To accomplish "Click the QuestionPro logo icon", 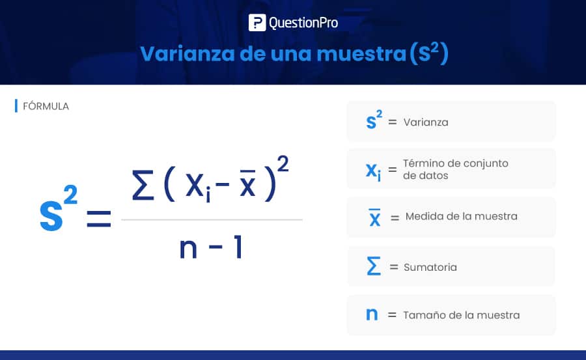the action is click(x=257, y=22).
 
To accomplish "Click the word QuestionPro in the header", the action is click(x=303, y=23).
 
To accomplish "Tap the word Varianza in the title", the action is click(x=188, y=54).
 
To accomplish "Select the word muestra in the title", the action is click(x=361, y=54).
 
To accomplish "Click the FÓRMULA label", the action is click(x=46, y=106).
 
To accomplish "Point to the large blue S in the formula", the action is click(x=51, y=215).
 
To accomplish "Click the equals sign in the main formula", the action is click(x=99, y=219).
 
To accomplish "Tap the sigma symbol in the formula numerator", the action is click(x=143, y=185).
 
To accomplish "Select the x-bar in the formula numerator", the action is click(x=248, y=183).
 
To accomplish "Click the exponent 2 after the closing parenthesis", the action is click(x=283, y=164).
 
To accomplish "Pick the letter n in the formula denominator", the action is click(x=188, y=247).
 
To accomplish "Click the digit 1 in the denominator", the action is click(x=238, y=246).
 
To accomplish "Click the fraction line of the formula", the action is click(x=212, y=220).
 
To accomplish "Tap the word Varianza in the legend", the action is click(x=426, y=122).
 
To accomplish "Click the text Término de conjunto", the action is click(x=456, y=163).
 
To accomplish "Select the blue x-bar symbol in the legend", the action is click(x=375, y=217).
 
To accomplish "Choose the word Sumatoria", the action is click(x=430, y=267).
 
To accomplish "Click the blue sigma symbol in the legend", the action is click(x=374, y=266).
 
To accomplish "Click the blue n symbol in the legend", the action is click(x=372, y=314).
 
